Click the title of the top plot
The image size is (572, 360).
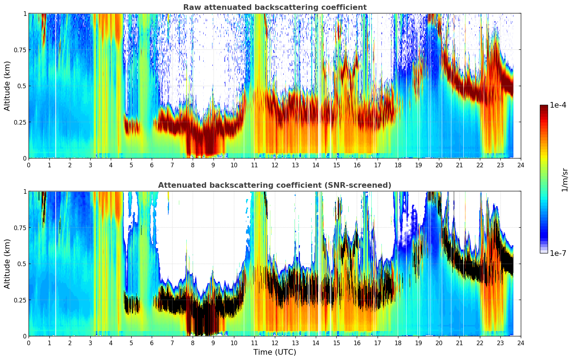click(275, 7)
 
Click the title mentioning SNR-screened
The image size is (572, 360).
click(275, 185)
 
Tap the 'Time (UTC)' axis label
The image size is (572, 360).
click(275, 352)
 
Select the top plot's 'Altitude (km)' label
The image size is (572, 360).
click(7, 86)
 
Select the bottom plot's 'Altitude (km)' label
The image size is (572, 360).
click(7, 264)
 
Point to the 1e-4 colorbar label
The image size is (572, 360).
click(558, 105)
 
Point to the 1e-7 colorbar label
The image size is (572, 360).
click(558, 253)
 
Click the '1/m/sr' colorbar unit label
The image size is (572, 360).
click(565, 179)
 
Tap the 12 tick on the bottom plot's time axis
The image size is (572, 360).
click(275, 343)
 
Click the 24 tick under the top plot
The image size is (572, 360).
click(521, 165)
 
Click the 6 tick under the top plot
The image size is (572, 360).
click(152, 165)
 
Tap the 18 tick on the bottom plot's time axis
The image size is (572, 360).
click(398, 343)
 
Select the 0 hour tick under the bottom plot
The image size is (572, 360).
click(29, 343)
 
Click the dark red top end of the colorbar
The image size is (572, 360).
click(544, 107)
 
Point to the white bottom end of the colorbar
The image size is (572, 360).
click(544, 251)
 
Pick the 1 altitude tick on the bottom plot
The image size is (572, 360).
click(25, 191)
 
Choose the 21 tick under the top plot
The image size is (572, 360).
click(459, 165)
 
